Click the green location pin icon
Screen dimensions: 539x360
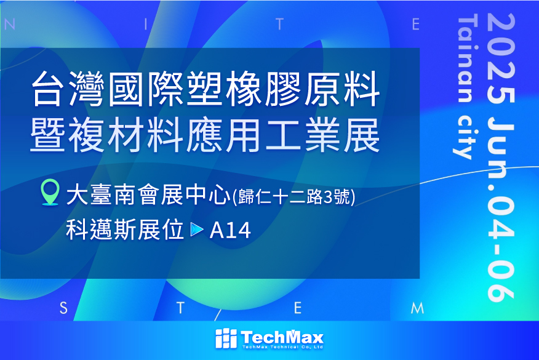(x=50, y=192)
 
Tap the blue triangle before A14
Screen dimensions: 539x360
(x=197, y=230)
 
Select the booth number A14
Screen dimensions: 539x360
(x=230, y=230)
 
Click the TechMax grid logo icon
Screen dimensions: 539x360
(x=226, y=338)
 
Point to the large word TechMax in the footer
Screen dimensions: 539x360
(x=282, y=337)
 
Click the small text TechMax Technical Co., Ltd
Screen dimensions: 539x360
(x=282, y=347)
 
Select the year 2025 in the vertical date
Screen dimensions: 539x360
(x=501, y=58)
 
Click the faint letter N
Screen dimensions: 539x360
(x=10, y=25)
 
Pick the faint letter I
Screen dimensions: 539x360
(x=146, y=25)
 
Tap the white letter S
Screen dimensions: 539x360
(x=63, y=308)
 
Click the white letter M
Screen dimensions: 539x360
(x=417, y=308)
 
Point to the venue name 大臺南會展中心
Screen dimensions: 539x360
(x=148, y=195)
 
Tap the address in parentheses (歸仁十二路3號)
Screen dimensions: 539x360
(x=294, y=197)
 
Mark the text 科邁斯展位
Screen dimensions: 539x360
(x=125, y=230)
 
